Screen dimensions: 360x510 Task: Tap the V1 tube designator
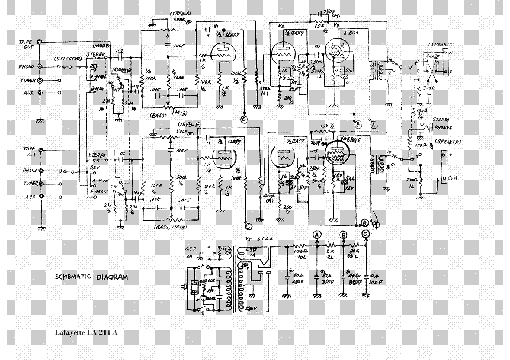coord(216,25)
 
